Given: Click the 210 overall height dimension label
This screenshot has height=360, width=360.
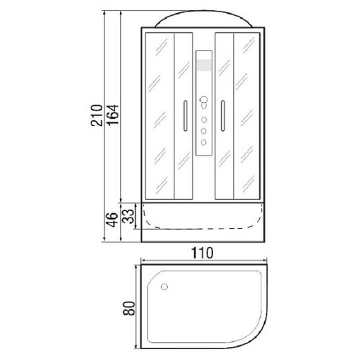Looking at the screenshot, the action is tap(96, 115).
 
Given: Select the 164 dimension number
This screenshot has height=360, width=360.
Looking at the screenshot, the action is tap(113, 115).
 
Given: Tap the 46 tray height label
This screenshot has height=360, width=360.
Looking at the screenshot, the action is tap(112, 220).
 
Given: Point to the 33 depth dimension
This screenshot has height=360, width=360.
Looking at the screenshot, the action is tap(128, 217).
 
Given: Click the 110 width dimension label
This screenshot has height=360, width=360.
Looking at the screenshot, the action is tap(202, 253).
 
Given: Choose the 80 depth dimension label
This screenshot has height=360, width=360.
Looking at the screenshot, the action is tap(129, 308).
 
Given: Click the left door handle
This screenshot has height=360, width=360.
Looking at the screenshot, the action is tap(185, 116).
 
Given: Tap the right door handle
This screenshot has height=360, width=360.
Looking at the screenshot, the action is tap(222, 116).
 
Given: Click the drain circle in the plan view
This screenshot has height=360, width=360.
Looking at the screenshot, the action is tap(164, 287).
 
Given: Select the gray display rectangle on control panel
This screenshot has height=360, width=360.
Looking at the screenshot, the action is tap(204, 65).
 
